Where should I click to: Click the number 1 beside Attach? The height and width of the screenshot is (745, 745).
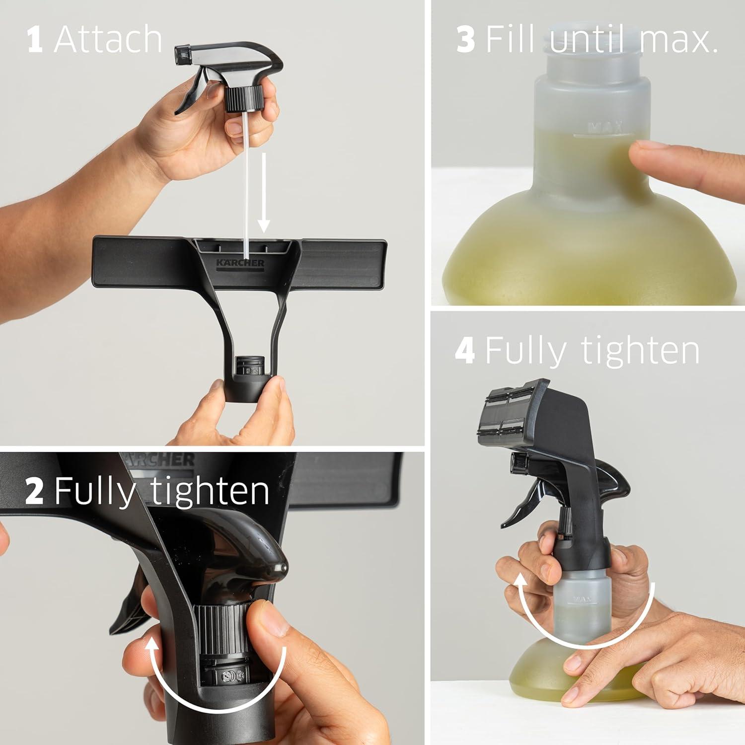pos(34,40)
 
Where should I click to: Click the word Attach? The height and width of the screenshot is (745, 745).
pos(108,40)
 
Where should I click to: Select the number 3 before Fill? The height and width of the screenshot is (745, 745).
pos(465,40)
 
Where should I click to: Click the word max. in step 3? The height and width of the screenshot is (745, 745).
pos(679,40)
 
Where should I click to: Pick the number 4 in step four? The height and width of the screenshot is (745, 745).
pos(465,350)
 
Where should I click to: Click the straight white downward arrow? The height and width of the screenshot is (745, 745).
pos(264,194)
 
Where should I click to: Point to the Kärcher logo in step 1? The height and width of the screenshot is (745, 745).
pos(240,263)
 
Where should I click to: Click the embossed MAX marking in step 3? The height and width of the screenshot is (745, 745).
pos(604,128)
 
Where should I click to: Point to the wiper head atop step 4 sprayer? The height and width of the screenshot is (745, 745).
pos(512,412)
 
